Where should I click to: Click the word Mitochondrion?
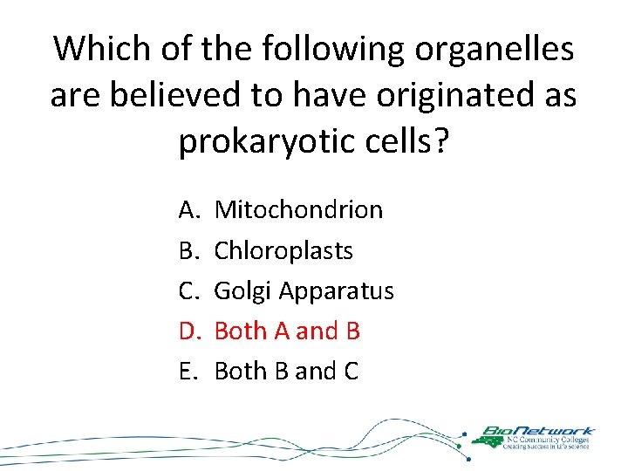[x=298, y=210]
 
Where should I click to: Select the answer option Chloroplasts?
[x=283, y=251]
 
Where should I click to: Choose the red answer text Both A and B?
[x=287, y=331]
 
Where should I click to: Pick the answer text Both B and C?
[x=286, y=372]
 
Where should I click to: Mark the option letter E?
[x=188, y=372]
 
